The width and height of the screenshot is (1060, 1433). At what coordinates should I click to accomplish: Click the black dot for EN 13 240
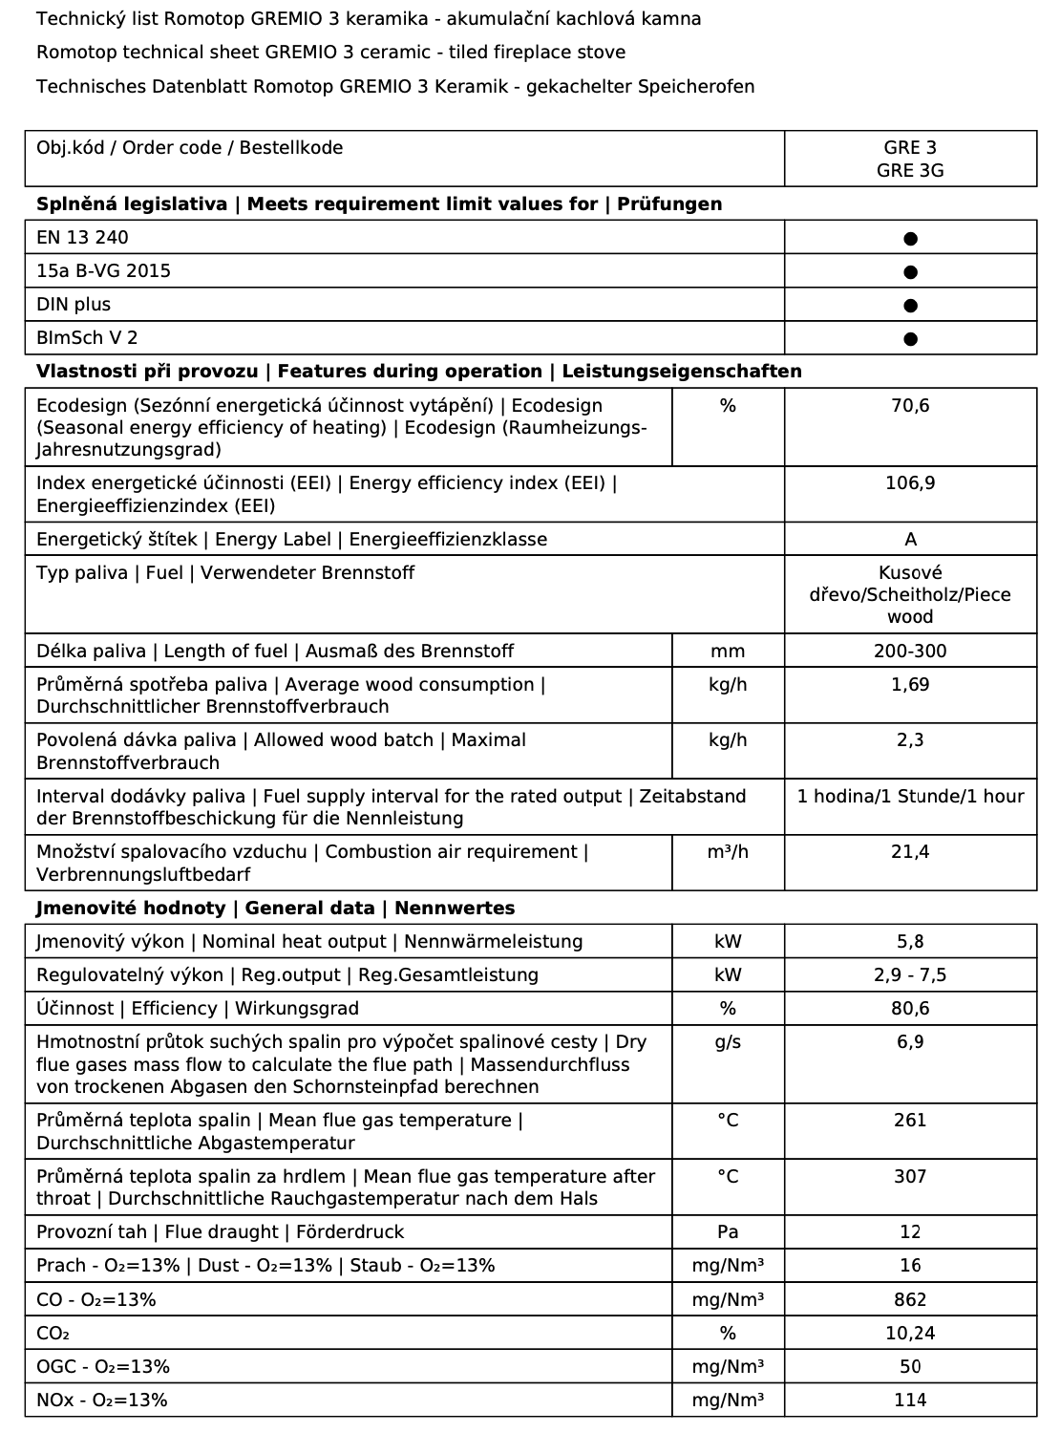(x=910, y=238)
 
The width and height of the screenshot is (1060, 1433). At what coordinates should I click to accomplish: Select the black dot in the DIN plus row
(x=910, y=306)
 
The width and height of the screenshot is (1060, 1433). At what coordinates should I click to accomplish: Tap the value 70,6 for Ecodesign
(x=910, y=406)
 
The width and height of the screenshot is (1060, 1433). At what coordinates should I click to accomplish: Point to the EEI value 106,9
(x=910, y=483)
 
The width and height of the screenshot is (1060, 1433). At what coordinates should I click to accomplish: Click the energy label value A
(x=910, y=540)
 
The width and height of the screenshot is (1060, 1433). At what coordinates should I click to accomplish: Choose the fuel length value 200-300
(x=910, y=652)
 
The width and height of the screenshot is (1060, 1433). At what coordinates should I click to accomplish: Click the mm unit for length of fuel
(x=728, y=652)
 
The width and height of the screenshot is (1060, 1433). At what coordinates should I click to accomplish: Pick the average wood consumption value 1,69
(x=910, y=685)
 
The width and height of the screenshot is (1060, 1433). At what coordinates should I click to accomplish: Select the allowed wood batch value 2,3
(x=910, y=740)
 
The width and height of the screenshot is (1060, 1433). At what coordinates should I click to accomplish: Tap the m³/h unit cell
(x=728, y=852)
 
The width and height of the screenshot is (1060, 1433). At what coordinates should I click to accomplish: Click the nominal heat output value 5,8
(x=910, y=942)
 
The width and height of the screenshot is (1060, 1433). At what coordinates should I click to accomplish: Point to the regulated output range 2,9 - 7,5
(x=910, y=975)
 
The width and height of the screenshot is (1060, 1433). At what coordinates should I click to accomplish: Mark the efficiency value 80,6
(x=910, y=1009)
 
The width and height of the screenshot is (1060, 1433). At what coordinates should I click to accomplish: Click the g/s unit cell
(x=728, y=1042)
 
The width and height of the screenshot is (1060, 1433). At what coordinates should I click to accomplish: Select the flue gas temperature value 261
(x=910, y=1121)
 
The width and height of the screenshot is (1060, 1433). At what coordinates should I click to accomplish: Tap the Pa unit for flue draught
(x=728, y=1232)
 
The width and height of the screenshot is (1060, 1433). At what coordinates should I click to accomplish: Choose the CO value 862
(x=910, y=1300)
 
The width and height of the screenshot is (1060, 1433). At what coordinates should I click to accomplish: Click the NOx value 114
(x=910, y=1401)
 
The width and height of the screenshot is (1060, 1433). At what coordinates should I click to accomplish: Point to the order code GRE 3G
(x=910, y=171)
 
